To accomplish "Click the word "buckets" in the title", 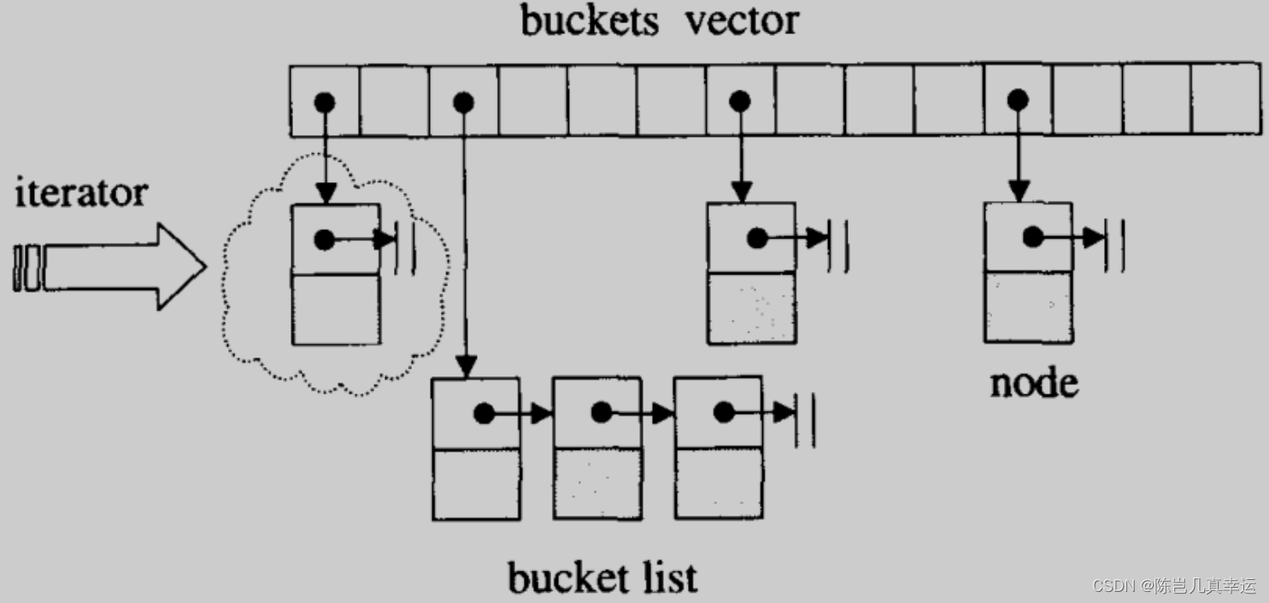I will (x=590, y=20).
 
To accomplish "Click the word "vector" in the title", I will (x=742, y=20).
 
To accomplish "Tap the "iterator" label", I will (x=81, y=193).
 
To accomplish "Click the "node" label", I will (x=1034, y=383).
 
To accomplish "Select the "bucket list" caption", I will (x=602, y=578).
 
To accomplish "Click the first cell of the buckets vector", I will (x=324, y=101).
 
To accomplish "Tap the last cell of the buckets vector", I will (x=1226, y=101).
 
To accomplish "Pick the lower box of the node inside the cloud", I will (x=336, y=310).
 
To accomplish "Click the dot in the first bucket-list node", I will (x=484, y=413).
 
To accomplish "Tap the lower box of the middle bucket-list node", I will (x=597, y=484).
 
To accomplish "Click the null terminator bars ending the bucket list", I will (x=804, y=419).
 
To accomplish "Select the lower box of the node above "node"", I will (x=1028, y=307).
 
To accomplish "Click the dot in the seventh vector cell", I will (x=740, y=102).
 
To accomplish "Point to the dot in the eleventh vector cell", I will (x=1017, y=102).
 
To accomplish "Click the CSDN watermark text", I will (x=1174, y=586).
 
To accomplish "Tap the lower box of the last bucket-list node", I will (x=718, y=484).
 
